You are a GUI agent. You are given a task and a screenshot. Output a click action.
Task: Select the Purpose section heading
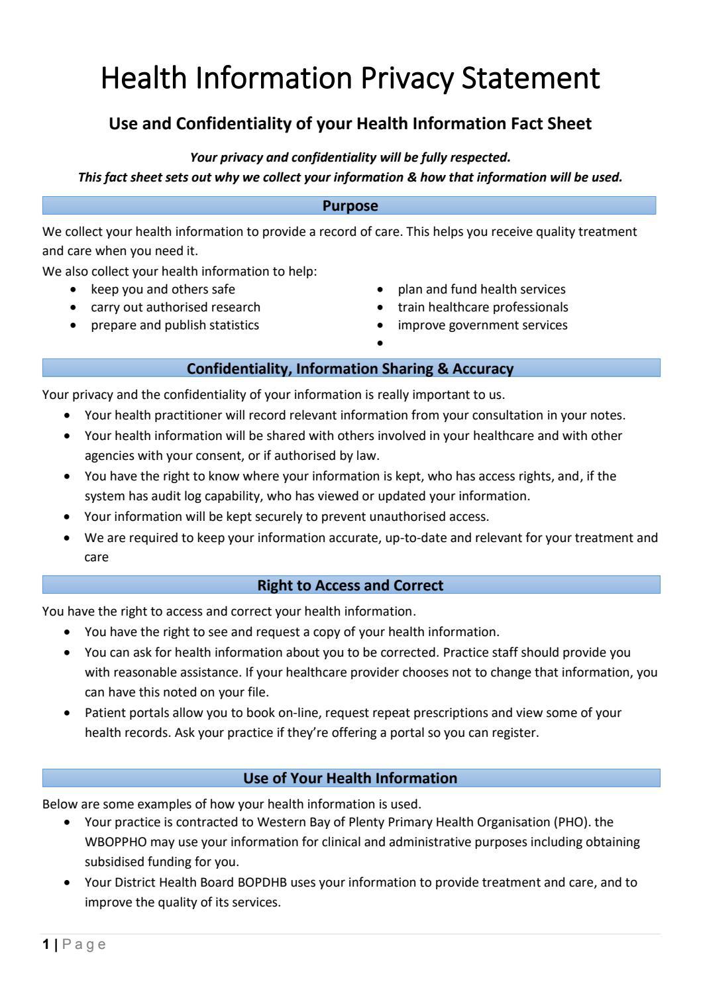click(x=350, y=206)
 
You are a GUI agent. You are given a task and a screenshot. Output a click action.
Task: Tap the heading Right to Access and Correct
click(x=350, y=585)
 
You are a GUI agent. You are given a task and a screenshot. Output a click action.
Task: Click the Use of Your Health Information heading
click(x=350, y=778)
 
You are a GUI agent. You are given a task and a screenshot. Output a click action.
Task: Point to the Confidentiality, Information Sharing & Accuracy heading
click(x=350, y=368)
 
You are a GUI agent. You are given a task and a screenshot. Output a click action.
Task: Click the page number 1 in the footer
click(x=46, y=944)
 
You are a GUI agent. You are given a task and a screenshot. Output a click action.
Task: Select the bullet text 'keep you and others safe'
click(x=162, y=290)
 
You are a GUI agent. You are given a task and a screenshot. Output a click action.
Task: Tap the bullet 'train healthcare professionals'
click(x=482, y=307)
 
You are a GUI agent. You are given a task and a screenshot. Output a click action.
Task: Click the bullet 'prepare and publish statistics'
click(x=174, y=325)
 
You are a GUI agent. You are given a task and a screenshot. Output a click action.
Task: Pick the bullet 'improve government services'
click(x=482, y=325)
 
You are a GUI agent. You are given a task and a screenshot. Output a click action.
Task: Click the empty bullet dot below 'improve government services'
click(x=380, y=343)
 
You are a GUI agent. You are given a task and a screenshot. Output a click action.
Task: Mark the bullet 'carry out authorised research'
click(x=175, y=307)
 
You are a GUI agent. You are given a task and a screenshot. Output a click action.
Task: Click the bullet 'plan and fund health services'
click(x=481, y=290)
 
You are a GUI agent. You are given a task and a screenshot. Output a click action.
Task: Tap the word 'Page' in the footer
click(x=84, y=944)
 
